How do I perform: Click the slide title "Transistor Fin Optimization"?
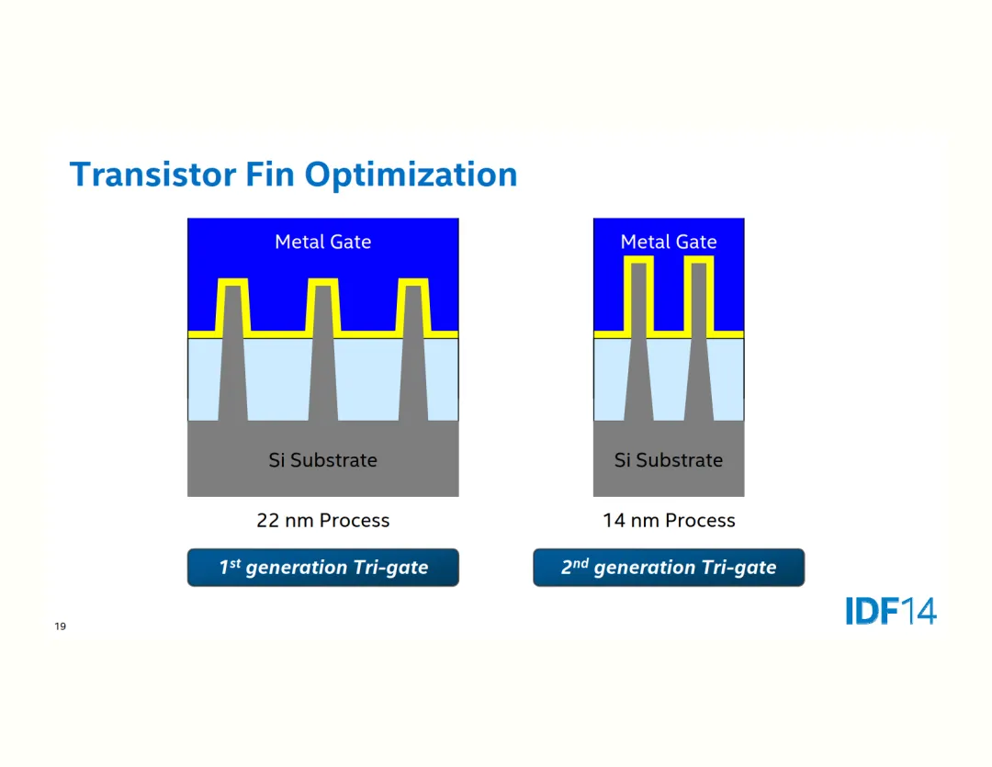point(293,175)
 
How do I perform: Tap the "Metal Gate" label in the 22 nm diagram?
point(322,242)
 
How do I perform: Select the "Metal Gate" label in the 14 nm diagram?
point(668,242)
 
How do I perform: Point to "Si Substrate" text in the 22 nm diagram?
point(322,460)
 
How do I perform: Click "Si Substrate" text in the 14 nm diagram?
point(668,460)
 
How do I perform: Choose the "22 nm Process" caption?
point(322,521)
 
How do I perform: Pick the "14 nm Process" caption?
point(668,521)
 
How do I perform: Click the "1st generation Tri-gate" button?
point(322,568)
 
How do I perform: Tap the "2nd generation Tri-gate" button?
point(668,568)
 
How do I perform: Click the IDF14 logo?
point(890,611)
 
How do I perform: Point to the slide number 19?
point(61,626)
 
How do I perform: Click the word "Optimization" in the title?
point(411,175)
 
